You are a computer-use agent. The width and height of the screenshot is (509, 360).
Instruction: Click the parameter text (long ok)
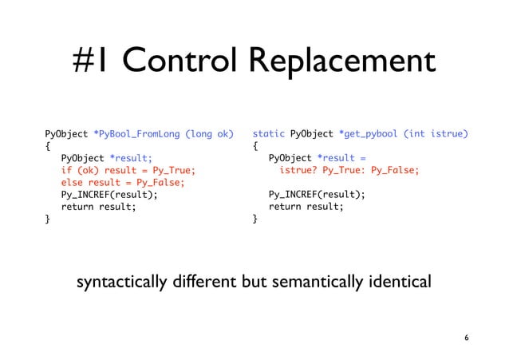208,134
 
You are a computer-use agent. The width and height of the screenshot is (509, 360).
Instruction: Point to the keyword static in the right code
269,134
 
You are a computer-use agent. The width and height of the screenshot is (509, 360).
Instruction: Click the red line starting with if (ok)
128,170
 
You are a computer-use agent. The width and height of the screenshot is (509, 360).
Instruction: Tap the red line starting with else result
123,182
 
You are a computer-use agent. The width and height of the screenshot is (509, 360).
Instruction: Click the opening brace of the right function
255,146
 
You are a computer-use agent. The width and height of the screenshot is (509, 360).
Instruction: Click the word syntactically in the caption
122,283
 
